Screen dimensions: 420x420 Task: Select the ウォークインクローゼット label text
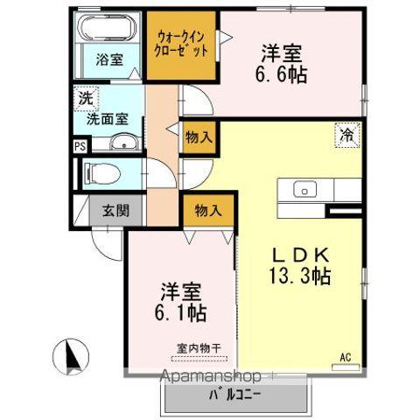pyautogui.click(x=182, y=44)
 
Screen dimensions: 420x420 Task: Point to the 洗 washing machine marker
pyautogui.click(x=85, y=98)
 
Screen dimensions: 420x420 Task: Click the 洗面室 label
pyautogui.click(x=111, y=114)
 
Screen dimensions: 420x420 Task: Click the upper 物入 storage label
pyautogui.click(x=199, y=136)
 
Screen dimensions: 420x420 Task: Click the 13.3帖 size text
pyautogui.click(x=299, y=276)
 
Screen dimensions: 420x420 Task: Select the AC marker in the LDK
pyautogui.click(x=346, y=356)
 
